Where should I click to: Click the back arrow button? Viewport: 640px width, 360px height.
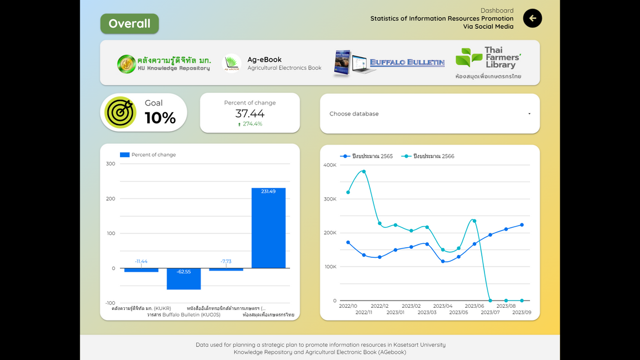pyautogui.click(x=532, y=18)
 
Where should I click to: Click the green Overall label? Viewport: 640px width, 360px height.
pyautogui.click(x=129, y=24)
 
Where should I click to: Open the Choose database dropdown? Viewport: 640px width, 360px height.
pyautogui.click(x=429, y=114)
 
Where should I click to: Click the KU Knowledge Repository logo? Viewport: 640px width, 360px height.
pyautogui.click(x=164, y=64)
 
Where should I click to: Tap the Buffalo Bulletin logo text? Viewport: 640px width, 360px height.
pyautogui.click(x=407, y=62)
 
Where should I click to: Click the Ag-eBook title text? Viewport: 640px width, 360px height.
pyautogui.click(x=264, y=59)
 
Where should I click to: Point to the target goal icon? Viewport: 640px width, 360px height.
pyautogui.click(x=121, y=113)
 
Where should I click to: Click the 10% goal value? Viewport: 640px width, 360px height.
pyautogui.click(x=160, y=118)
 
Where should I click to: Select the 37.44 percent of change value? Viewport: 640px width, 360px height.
pyautogui.click(x=250, y=113)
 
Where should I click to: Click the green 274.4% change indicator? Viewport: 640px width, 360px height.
pyautogui.click(x=250, y=124)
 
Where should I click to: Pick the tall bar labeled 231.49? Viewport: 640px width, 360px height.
pyautogui.click(x=268, y=228)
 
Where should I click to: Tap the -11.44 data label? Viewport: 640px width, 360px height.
pyautogui.click(x=141, y=261)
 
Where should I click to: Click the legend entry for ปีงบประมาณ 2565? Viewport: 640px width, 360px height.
pyautogui.click(x=367, y=156)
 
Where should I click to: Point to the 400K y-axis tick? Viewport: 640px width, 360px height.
pyautogui.click(x=329, y=165)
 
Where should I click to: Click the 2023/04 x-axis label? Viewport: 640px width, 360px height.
pyautogui.click(x=443, y=306)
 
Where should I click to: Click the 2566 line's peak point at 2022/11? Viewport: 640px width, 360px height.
pyautogui.click(x=364, y=171)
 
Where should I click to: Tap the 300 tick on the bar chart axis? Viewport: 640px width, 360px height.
pyautogui.click(x=111, y=164)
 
